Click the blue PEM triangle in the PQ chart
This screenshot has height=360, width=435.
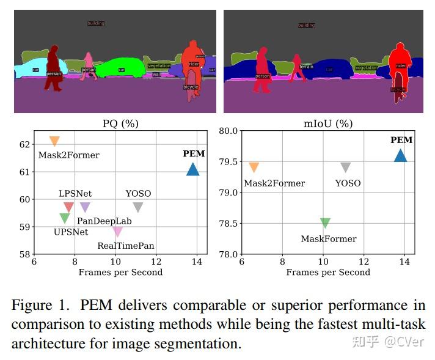tap(192, 170)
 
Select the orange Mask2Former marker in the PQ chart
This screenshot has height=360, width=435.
tap(54, 141)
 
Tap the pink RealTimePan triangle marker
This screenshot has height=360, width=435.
tap(117, 232)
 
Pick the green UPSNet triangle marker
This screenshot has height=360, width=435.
tap(65, 218)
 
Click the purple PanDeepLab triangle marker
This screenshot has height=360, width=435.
tap(85, 207)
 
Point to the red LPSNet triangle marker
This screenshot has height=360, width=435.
tap(68, 207)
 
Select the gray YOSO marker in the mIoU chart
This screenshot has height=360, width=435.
tap(346, 167)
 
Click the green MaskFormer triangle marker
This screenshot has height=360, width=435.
tap(325, 223)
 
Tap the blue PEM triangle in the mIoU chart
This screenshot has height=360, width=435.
tap(400, 156)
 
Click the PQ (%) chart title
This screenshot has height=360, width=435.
tap(120, 123)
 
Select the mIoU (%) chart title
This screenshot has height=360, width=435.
tap(328, 123)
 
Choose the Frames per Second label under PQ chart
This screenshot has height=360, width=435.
tap(120, 272)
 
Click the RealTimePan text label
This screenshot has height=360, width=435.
tap(126, 246)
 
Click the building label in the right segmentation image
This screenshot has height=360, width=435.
tap(306, 25)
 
